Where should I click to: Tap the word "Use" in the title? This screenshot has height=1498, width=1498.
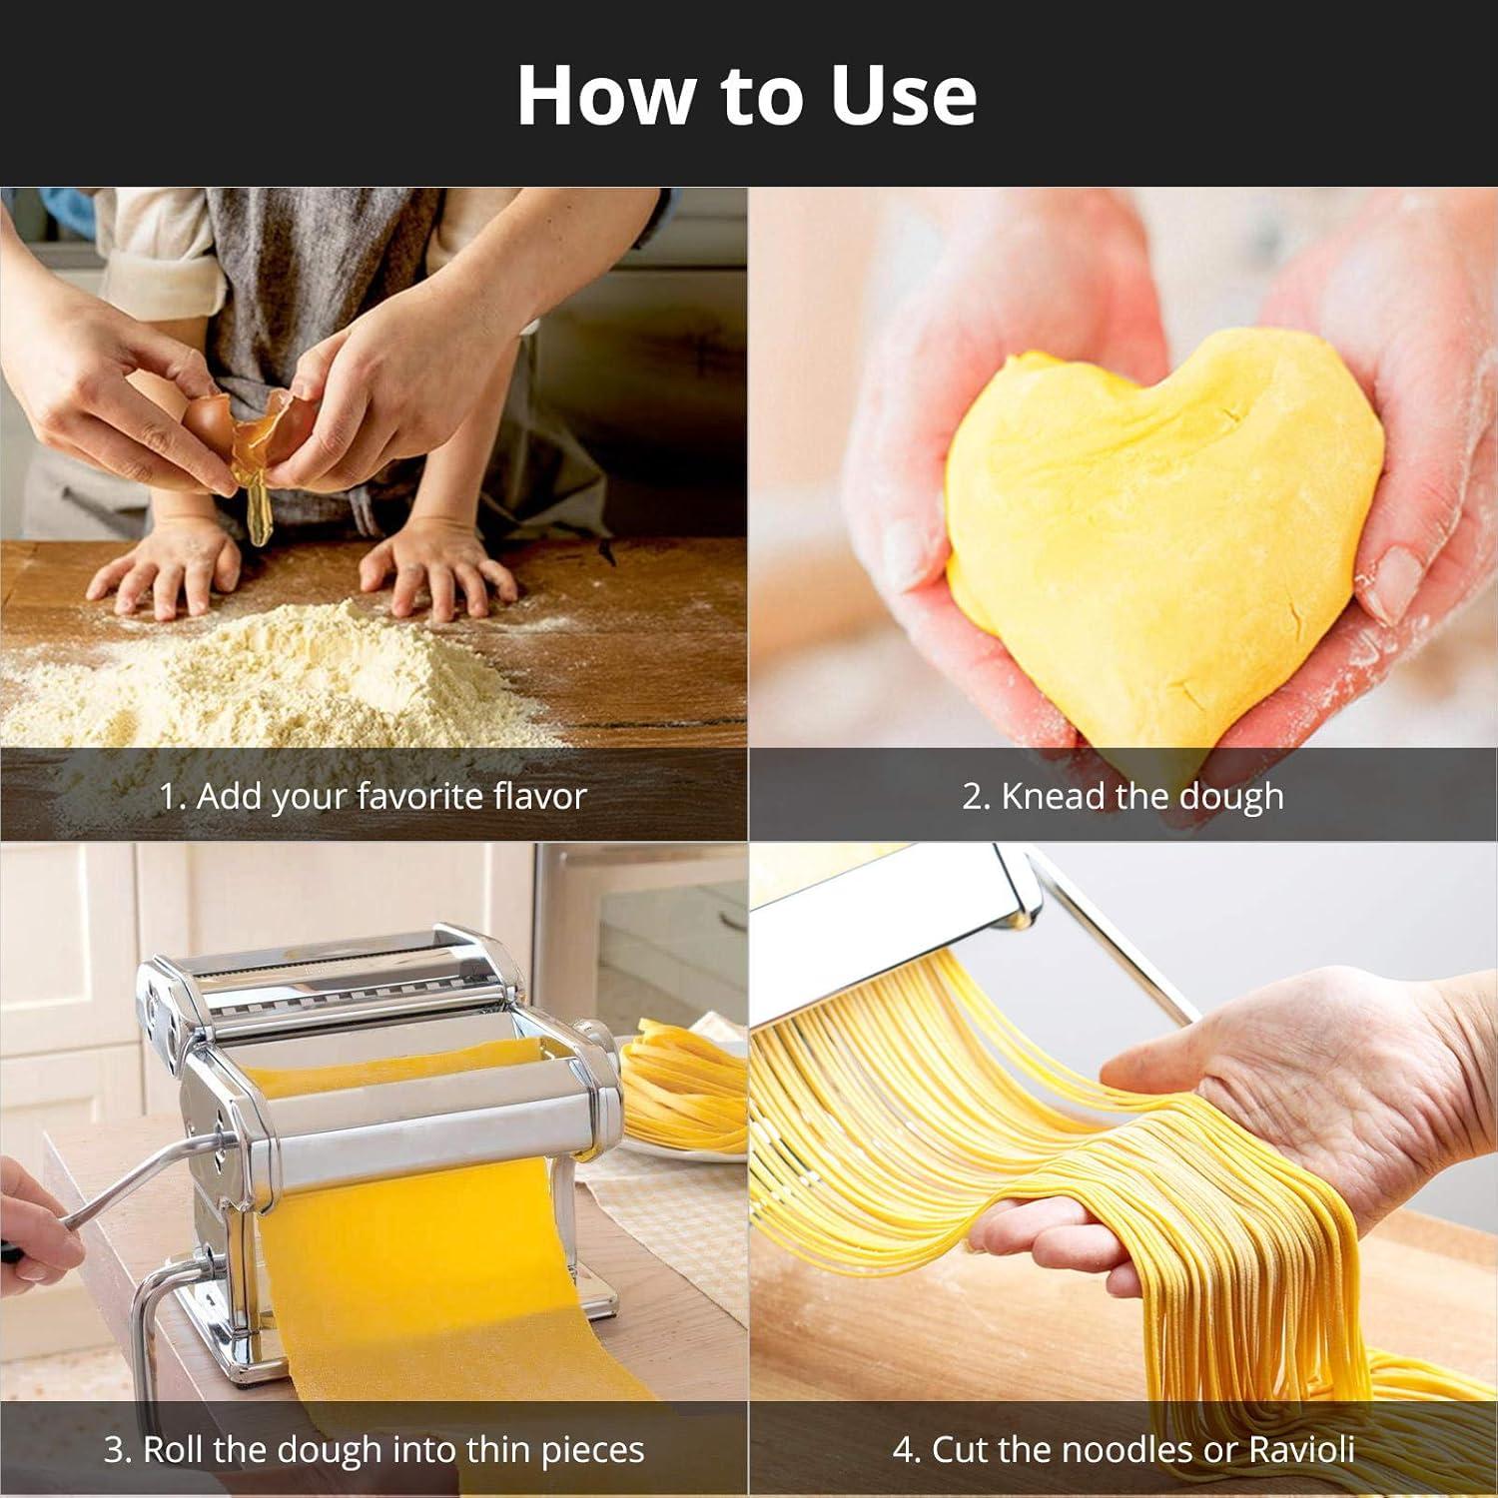[904, 95]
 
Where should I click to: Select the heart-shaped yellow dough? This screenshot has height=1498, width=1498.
[1158, 529]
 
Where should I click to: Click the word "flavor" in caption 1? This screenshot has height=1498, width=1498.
[539, 797]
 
